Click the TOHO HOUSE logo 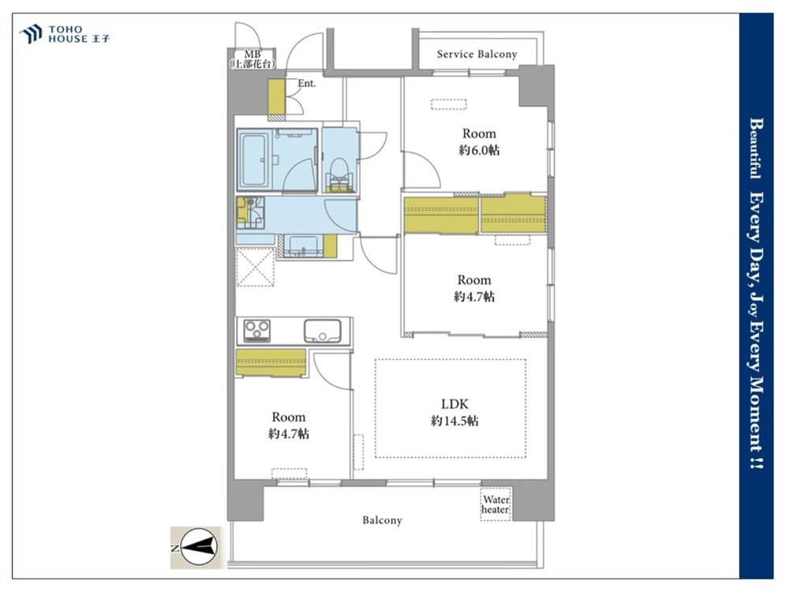(64, 34)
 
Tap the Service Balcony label (477, 54)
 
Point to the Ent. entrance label (306, 84)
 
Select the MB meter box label (252, 59)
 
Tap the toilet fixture (338, 174)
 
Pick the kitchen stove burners (256, 331)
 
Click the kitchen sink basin (322, 331)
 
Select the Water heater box (495, 504)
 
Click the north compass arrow (198, 547)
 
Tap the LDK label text (454, 403)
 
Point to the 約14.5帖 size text (454, 421)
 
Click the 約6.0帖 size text (479, 150)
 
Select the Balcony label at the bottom (383, 520)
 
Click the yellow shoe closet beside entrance (276, 96)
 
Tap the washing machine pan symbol (250, 212)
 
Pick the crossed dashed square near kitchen (255, 267)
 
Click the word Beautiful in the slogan (756, 148)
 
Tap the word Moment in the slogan (756, 410)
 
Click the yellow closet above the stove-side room (271, 362)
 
